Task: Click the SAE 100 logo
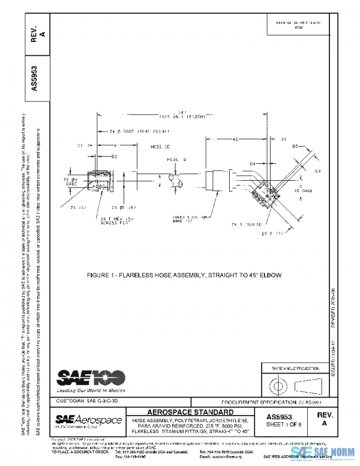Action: coord(91,377)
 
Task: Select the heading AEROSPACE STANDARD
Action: coord(191,412)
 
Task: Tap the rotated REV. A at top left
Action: coord(35,34)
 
